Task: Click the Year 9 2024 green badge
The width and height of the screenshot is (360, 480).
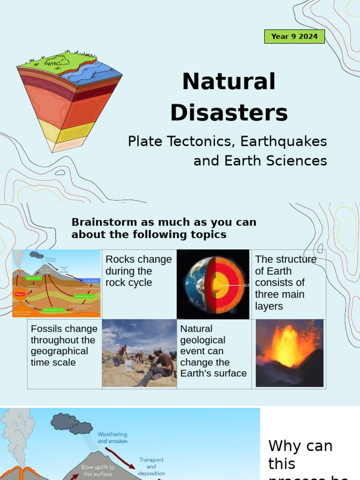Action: pyautogui.click(x=294, y=36)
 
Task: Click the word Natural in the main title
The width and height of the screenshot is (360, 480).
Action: pyautogui.click(x=229, y=82)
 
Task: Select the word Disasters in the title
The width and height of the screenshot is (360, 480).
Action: pyautogui.click(x=229, y=113)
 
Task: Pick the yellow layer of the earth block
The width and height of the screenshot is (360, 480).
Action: pyautogui.click(x=75, y=131)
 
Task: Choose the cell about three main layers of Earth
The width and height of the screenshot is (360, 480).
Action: pyautogui.click(x=286, y=283)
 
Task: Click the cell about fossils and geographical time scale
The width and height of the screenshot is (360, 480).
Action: pyautogui.click(x=64, y=345)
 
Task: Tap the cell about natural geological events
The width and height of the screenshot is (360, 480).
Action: pyautogui.click(x=213, y=351)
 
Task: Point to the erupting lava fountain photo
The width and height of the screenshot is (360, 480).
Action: pyautogui.click(x=289, y=352)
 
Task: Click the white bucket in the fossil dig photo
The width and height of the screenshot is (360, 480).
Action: pyautogui.click(x=128, y=365)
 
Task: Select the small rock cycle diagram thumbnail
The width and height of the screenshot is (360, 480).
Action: pyautogui.click(x=56, y=284)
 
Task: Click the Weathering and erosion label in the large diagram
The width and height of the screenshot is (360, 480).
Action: pyautogui.click(x=112, y=438)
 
